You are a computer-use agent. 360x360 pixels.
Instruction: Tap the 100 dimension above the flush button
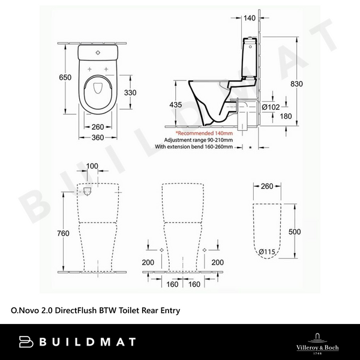pos(92,166)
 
